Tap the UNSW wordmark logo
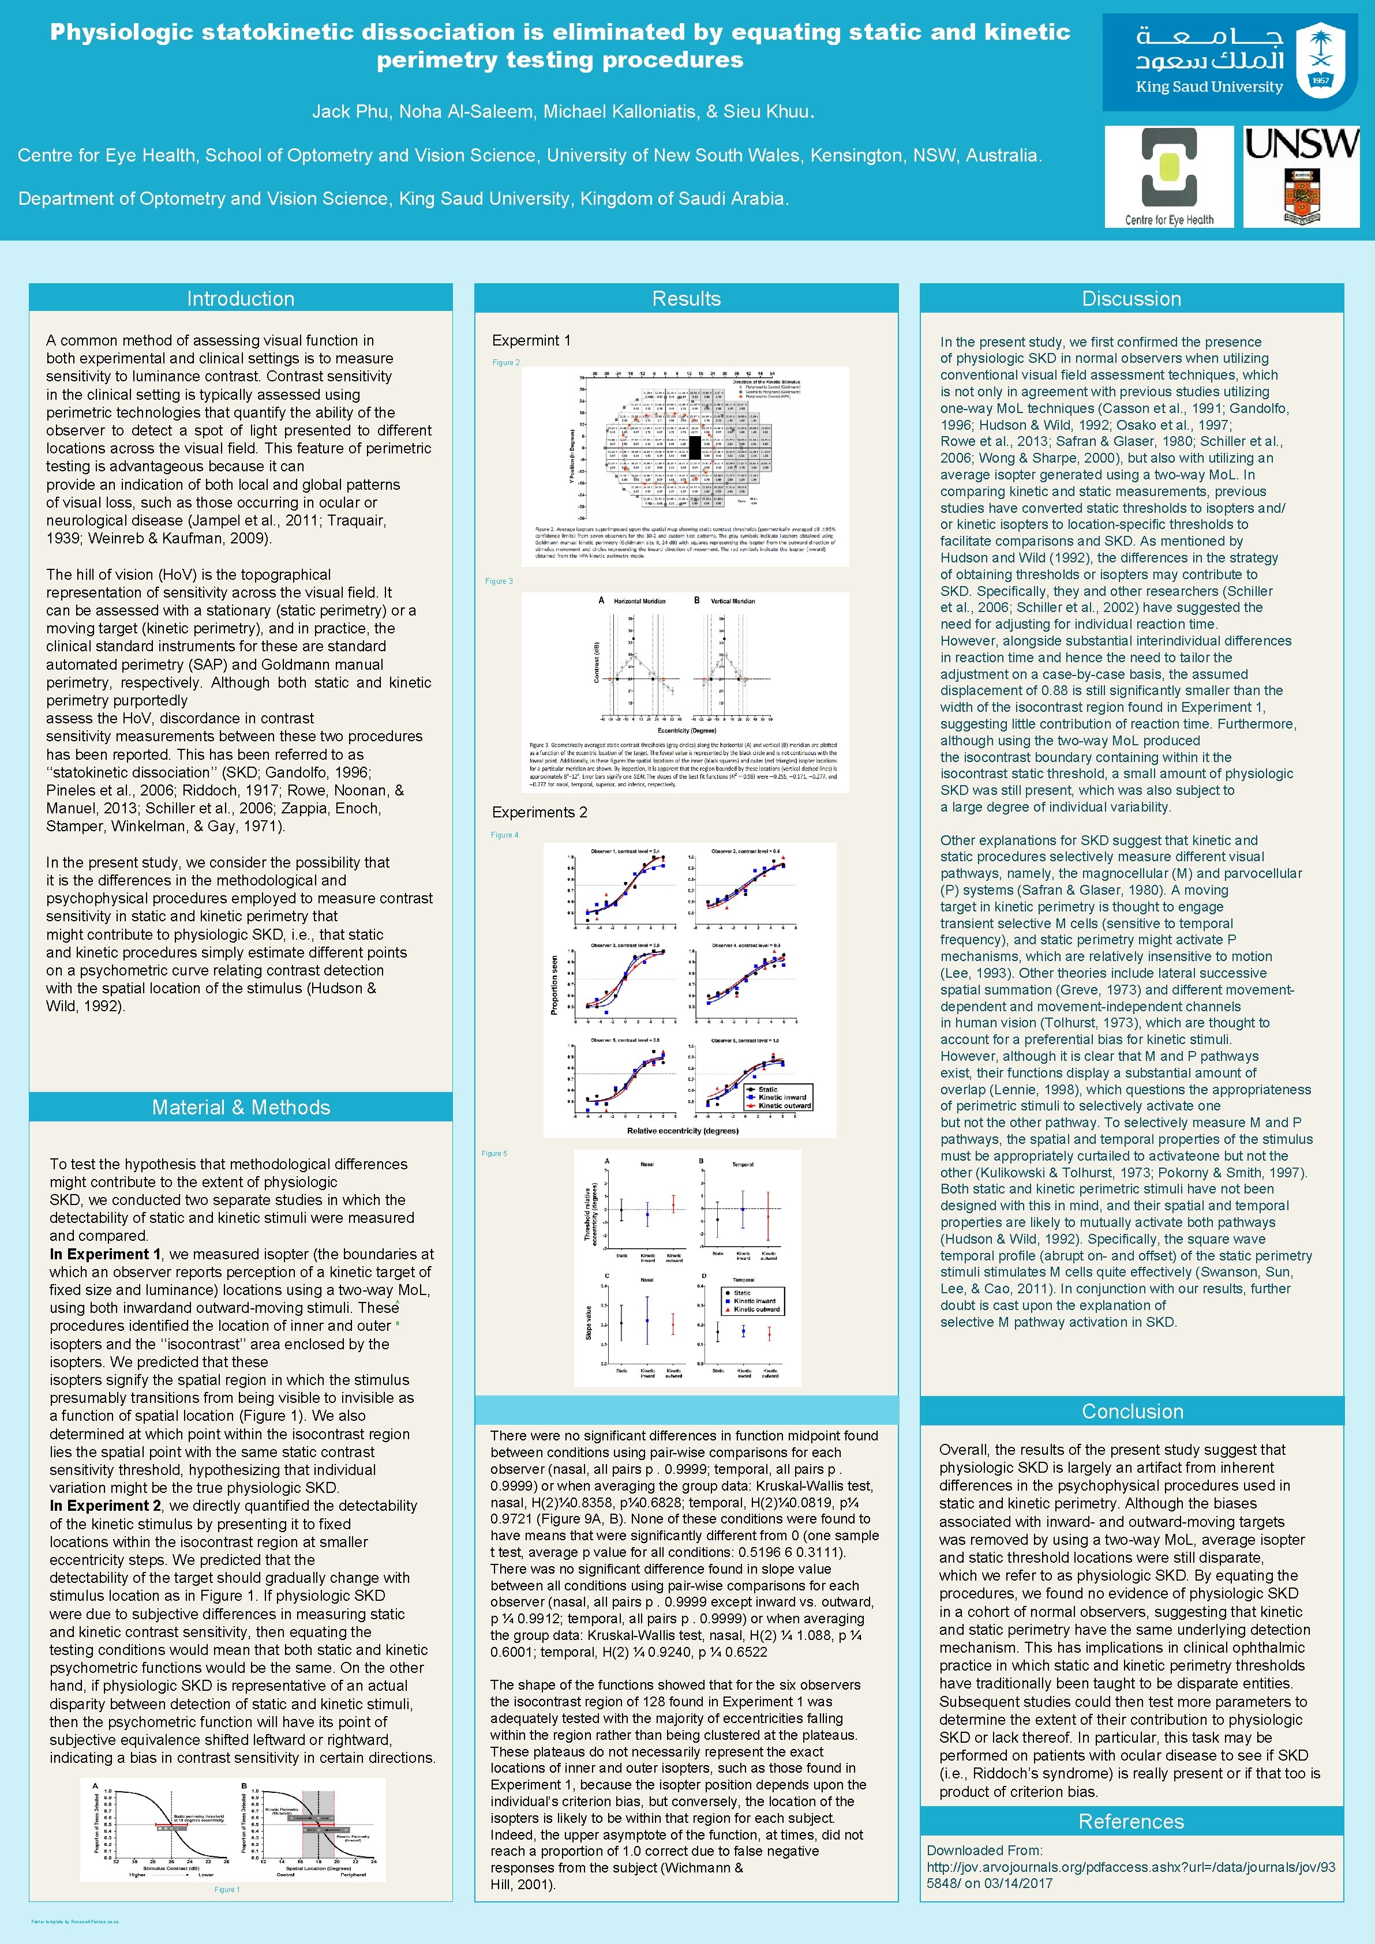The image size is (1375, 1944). pyautogui.click(x=1301, y=144)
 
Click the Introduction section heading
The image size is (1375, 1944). pyautogui.click(x=241, y=299)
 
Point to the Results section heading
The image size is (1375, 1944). pyautogui.click(x=686, y=299)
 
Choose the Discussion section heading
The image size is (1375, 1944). pyautogui.click(x=1131, y=299)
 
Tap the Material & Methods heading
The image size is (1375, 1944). pyautogui.click(x=241, y=1108)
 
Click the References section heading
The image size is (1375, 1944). pyautogui.click(x=1131, y=1821)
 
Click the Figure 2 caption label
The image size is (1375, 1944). pyautogui.click(x=506, y=362)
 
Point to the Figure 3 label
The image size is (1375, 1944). pyautogui.click(x=499, y=581)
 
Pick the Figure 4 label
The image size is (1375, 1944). pyautogui.click(x=505, y=835)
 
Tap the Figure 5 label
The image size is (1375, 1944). pyautogui.click(x=494, y=1153)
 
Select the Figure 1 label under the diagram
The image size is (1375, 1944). pyautogui.click(x=227, y=1890)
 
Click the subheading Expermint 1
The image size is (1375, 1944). pyautogui.click(x=531, y=340)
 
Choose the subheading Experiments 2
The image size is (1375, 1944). pyautogui.click(x=539, y=812)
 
